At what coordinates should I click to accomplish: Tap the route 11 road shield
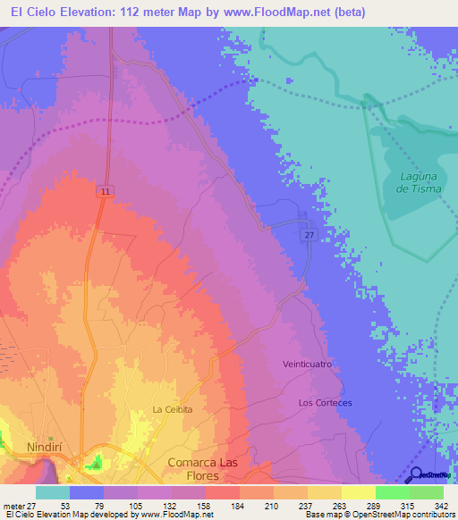click(x=105, y=191)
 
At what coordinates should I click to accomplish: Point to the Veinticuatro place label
click(x=307, y=365)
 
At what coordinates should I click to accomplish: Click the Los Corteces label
click(x=325, y=402)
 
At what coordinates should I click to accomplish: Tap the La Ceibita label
click(x=172, y=409)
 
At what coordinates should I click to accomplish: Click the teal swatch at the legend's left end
click(x=52, y=493)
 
